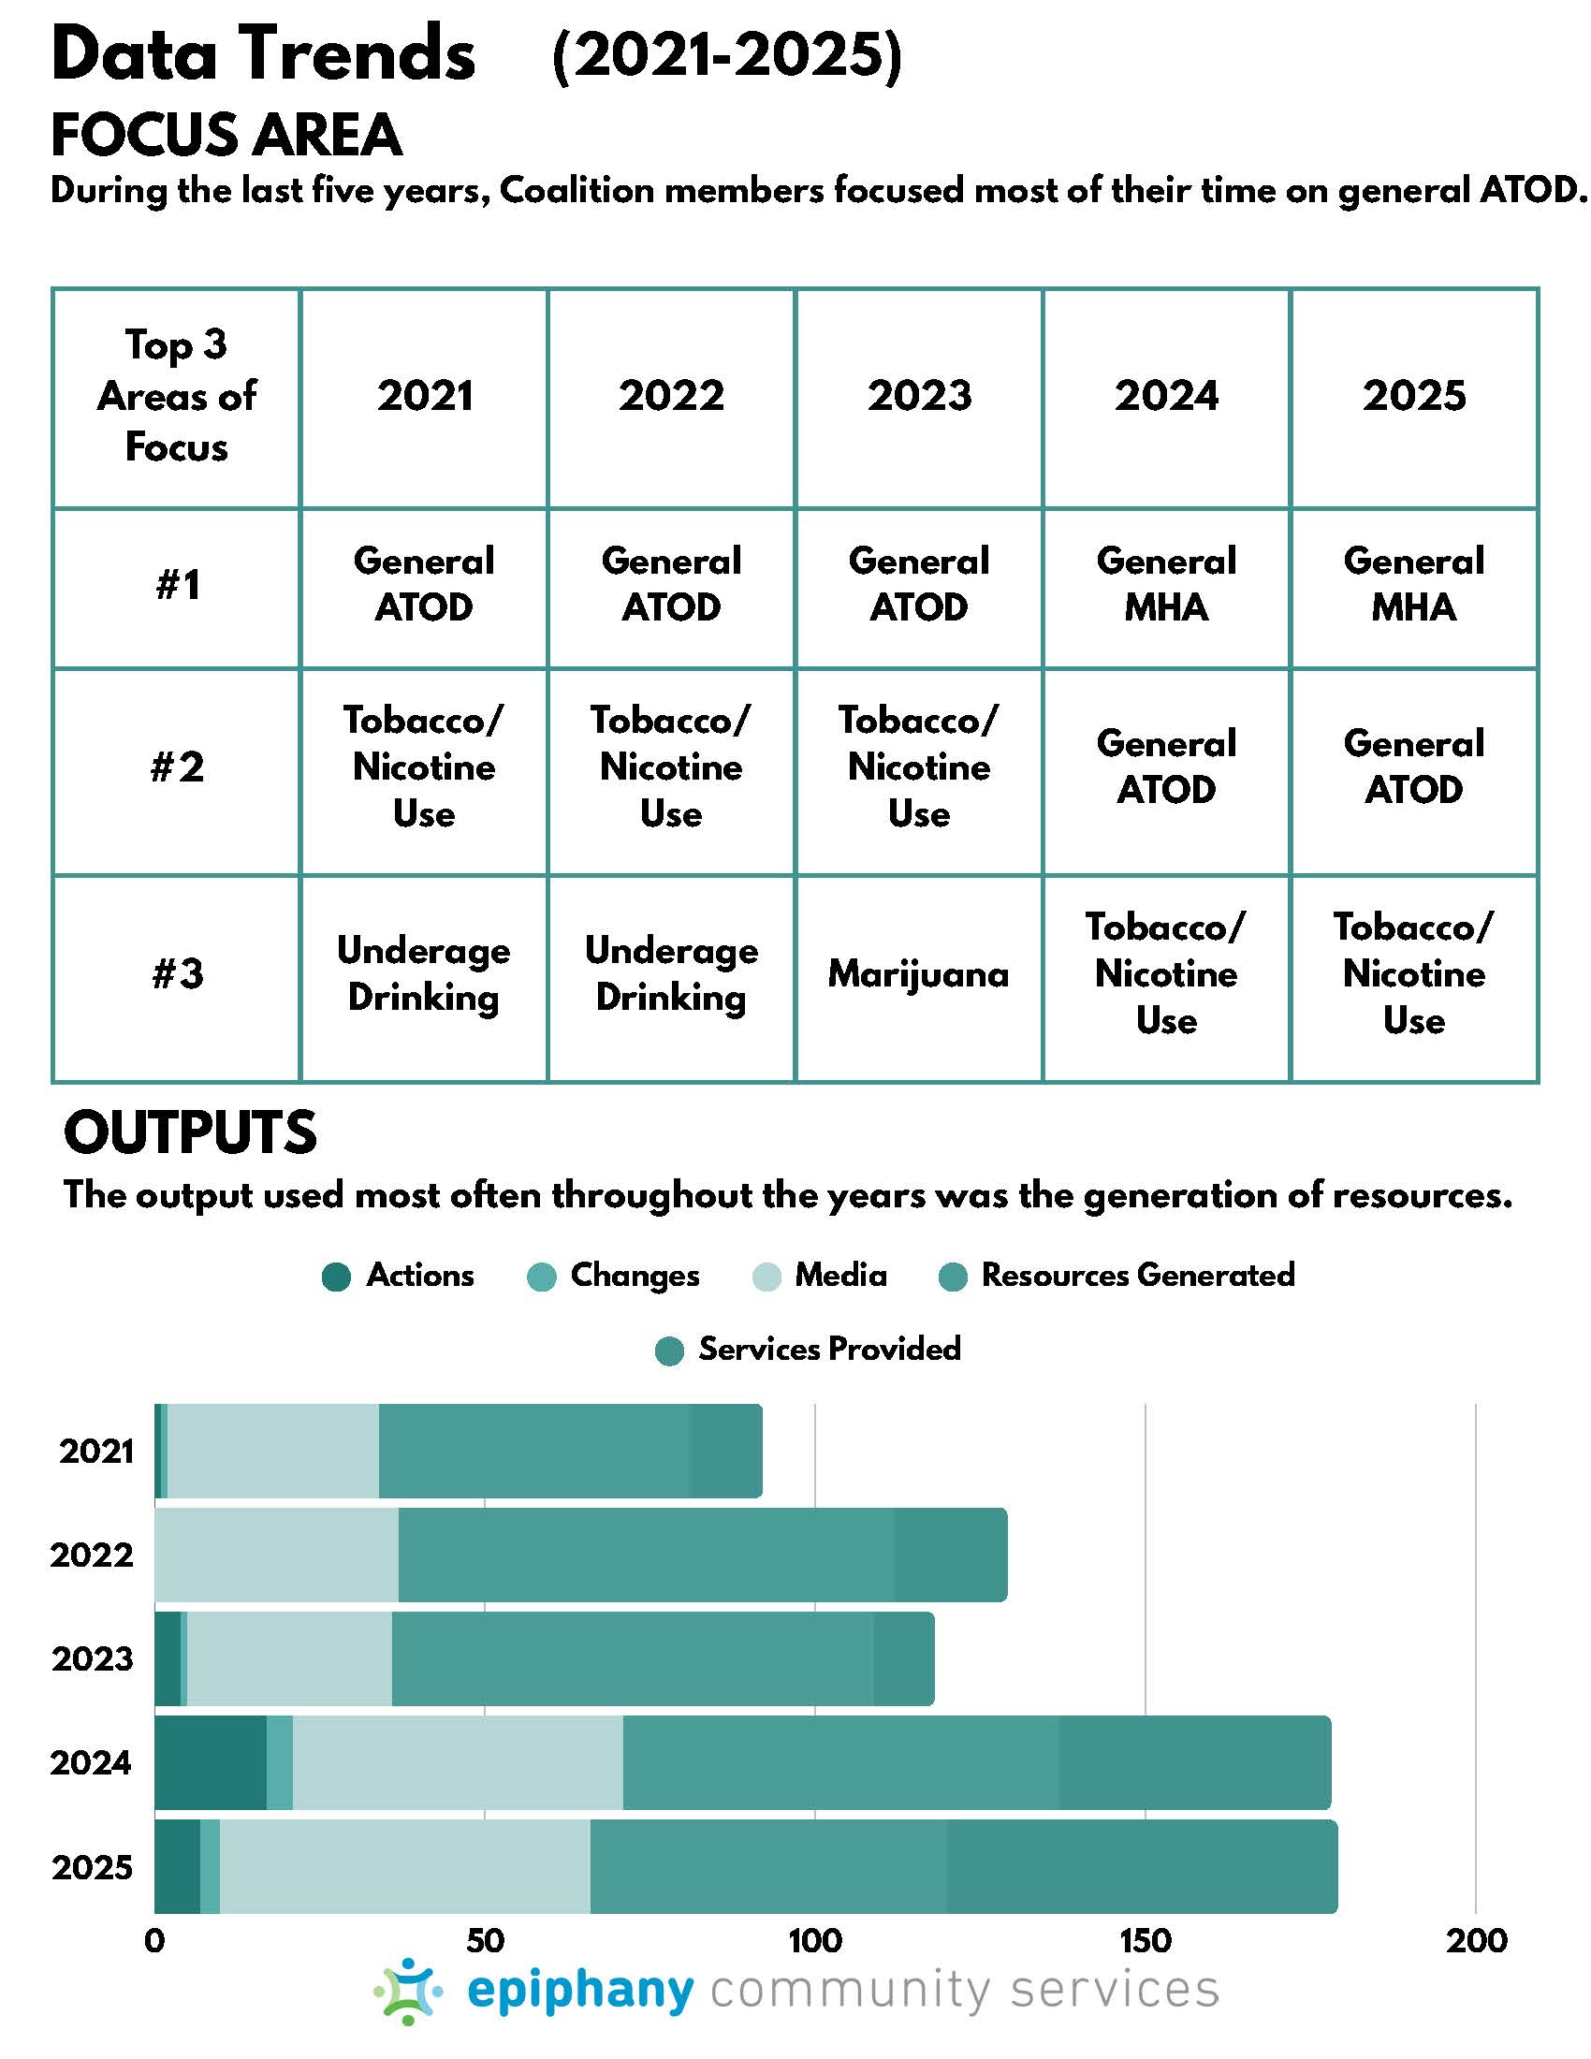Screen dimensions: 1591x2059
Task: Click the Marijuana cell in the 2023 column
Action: pyautogui.click(x=919, y=974)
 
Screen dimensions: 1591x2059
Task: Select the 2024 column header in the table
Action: pyautogui.click(x=1167, y=395)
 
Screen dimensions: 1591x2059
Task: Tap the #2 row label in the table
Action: pyautogui.click(x=177, y=767)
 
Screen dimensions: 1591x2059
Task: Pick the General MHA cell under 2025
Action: pyautogui.click(x=1414, y=584)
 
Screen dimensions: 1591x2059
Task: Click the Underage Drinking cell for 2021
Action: pyautogui.click(x=423, y=974)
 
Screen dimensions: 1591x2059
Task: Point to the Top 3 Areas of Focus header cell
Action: pyautogui.click(x=176, y=396)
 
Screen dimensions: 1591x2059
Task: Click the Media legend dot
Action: pyautogui.click(x=767, y=1278)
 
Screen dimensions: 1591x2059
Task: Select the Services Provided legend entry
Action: pyautogui.click(x=809, y=1350)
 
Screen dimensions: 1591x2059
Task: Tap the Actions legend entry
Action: pyautogui.click(x=398, y=1277)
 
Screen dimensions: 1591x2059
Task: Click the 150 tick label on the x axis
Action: pyautogui.click(x=1146, y=1940)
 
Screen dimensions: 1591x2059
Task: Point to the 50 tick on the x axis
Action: pyautogui.click(x=485, y=1940)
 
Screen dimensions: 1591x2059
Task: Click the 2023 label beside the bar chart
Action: pyautogui.click(x=93, y=1659)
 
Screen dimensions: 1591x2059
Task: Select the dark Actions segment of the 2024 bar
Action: pyautogui.click(x=211, y=1763)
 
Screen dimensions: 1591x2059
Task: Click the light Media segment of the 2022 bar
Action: pyautogui.click(x=276, y=1555)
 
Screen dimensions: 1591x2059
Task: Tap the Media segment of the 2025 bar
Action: pyautogui.click(x=404, y=1867)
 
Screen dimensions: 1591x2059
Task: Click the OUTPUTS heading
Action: pyautogui.click(x=190, y=1132)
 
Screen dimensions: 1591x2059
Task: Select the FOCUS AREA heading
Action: pyautogui.click(x=226, y=134)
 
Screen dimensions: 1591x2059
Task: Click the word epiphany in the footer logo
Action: pyautogui.click(x=580, y=1991)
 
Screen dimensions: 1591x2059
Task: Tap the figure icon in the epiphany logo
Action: pyautogui.click(x=408, y=1990)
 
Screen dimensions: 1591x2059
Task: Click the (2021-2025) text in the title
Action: pyautogui.click(x=726, y=56)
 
